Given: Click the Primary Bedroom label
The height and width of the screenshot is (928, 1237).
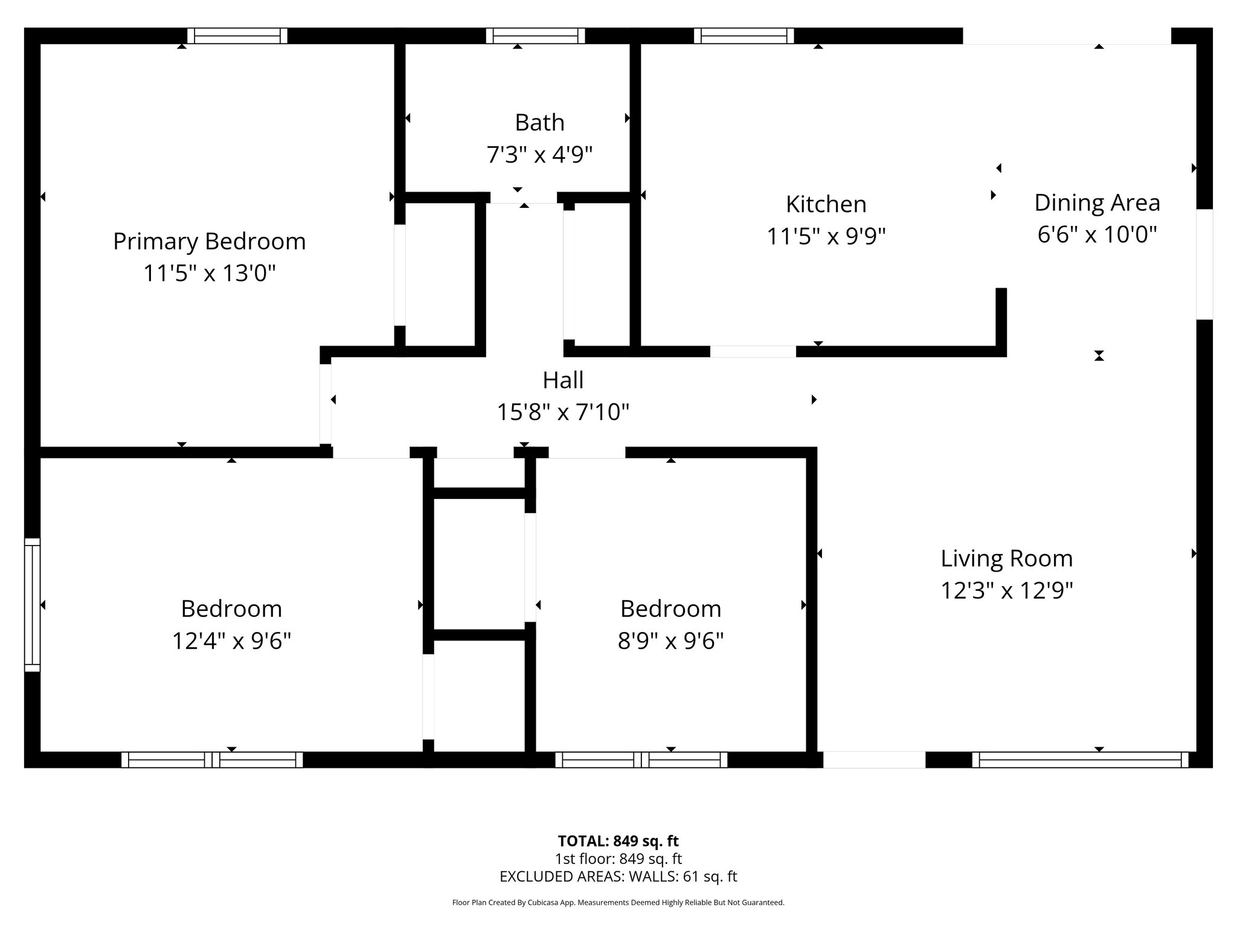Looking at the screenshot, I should [x=209, y=242].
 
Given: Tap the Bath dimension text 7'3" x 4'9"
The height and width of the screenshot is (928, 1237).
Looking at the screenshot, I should [x=539, y=155].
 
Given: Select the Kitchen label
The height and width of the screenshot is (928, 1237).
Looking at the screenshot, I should [x=826, y=204].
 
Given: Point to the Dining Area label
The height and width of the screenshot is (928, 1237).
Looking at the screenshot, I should [x=1097, y=203].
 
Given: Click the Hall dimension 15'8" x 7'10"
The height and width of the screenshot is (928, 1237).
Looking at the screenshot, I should [x=563, y=413].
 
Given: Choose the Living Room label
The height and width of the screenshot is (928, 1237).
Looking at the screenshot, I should [x=1006, y=558].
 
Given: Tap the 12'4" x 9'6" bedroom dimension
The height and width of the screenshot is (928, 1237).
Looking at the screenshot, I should [x=231, y=640].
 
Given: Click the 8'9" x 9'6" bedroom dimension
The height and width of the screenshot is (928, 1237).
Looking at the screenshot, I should [x=670, y=640].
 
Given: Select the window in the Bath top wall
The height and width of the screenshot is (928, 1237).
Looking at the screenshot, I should [x=535, y=36].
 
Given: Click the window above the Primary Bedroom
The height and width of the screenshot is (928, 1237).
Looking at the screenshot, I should [x=237, y=36].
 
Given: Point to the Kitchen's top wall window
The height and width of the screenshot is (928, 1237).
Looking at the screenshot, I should [x=744, y=36].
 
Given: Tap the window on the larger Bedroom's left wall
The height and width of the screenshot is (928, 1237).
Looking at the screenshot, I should [x=32, y=605].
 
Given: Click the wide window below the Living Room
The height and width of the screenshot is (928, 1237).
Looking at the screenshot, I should [x=1080, y=759].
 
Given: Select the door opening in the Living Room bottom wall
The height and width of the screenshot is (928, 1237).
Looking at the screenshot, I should [x=874, y=759].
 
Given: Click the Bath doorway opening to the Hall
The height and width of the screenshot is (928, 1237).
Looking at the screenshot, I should [x=523, y=198].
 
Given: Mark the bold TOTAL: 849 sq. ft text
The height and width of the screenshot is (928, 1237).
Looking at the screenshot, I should [x=618, y=841].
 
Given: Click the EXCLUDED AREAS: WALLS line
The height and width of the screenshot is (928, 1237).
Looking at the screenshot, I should [x=618, y=877].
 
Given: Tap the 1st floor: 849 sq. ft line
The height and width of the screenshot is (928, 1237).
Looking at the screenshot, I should [x=618, y=859].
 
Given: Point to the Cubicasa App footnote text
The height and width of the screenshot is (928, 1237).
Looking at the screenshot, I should [x=618, y=903].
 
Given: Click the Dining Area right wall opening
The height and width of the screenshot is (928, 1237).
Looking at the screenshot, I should [x=1204, y=264].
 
